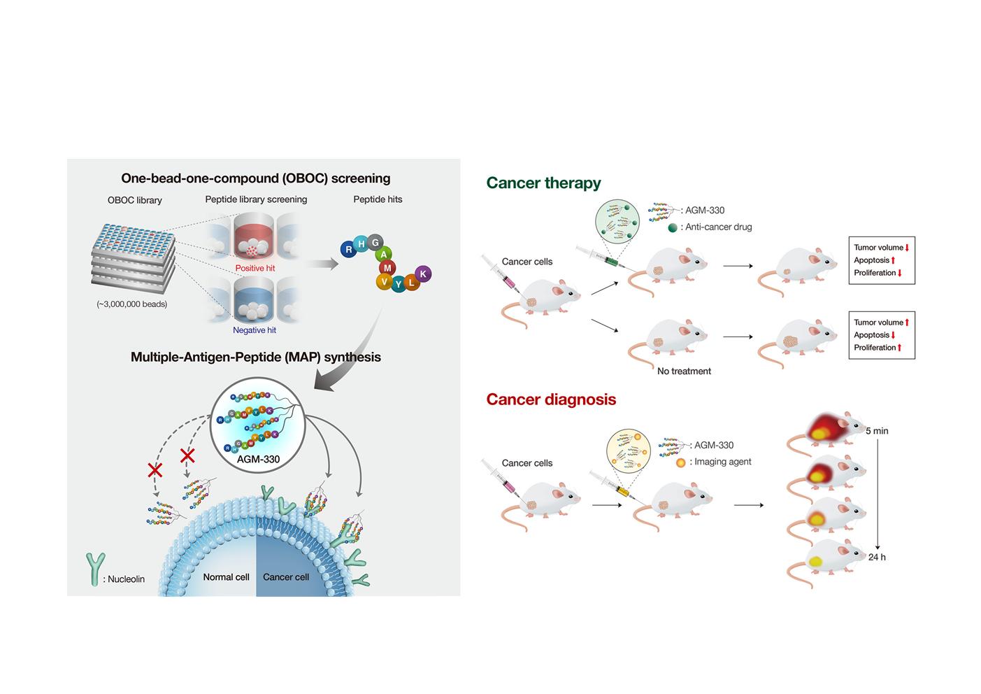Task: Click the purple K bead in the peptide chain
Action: point(423,274)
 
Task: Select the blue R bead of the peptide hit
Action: point(348,249)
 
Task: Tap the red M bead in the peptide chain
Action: point(387,268)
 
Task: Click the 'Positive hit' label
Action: point(255,268)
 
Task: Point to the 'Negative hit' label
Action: point(255,330)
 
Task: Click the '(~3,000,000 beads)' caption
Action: point(132,304)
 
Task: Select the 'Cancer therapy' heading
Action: point(543,183)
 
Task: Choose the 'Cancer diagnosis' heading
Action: point(551,399)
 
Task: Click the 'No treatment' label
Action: point(684,371)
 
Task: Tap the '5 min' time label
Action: point(877,431)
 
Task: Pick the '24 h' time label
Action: point(877,557)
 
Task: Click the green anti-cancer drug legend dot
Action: point(673,227)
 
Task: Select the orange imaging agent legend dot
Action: point(680,462)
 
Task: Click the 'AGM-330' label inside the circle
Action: point(258,460)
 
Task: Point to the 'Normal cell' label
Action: point(226,577)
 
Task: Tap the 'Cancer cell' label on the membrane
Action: point(286,577)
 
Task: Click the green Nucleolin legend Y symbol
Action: point(95,569)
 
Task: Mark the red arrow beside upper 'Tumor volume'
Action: point(907,248)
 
